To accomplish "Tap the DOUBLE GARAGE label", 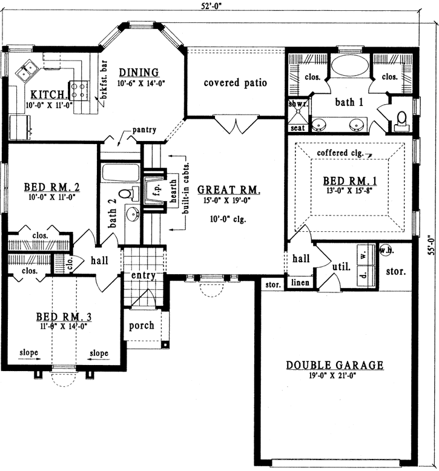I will pyautogui.click(x=335, y=365).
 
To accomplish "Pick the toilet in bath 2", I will pyautogui.click(x=126, y=194).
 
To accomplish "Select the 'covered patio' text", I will pyautogui.click(x=236, y=82).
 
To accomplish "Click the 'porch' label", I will pyautogui.click(x=142, y=325).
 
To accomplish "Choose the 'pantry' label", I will pyautogui.click(x=146, y=130).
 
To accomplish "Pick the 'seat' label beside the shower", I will pyautogui.click(x=298, y=128).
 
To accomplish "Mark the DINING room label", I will pyautogui.click(x=139, y=73).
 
